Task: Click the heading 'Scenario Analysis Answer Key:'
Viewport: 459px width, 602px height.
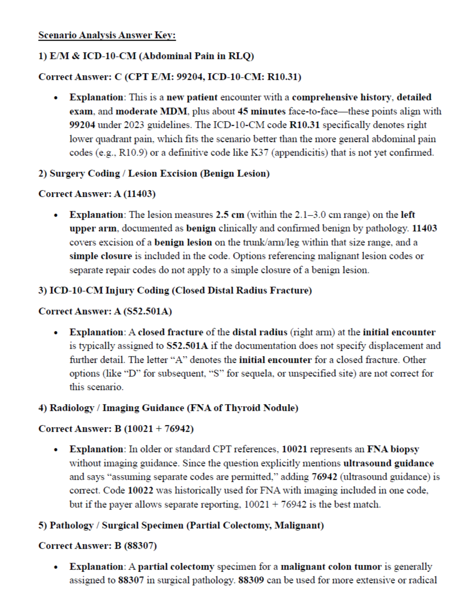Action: coord(107,36)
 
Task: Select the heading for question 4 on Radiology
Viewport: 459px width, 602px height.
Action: coord(168,408)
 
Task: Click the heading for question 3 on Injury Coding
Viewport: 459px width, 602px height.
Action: coord(175,291)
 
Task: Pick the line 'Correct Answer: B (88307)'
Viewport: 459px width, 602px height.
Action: coord(98,546)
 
